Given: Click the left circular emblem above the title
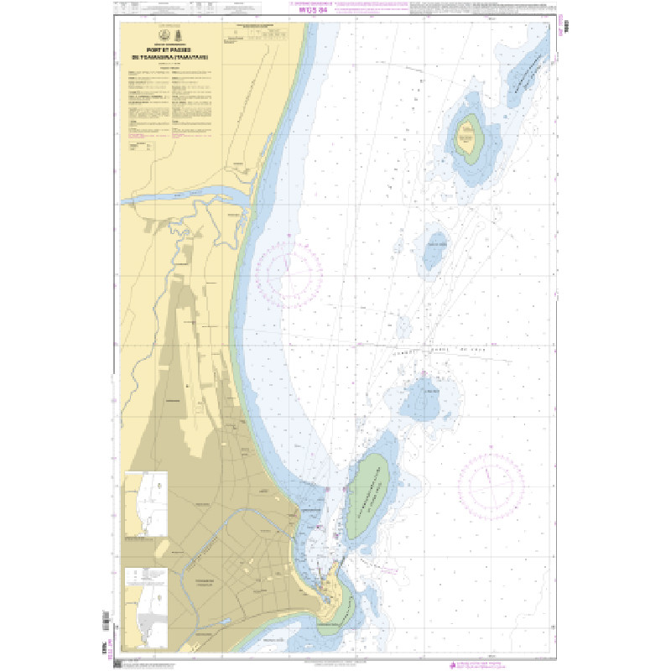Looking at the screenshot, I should point(161,35).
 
